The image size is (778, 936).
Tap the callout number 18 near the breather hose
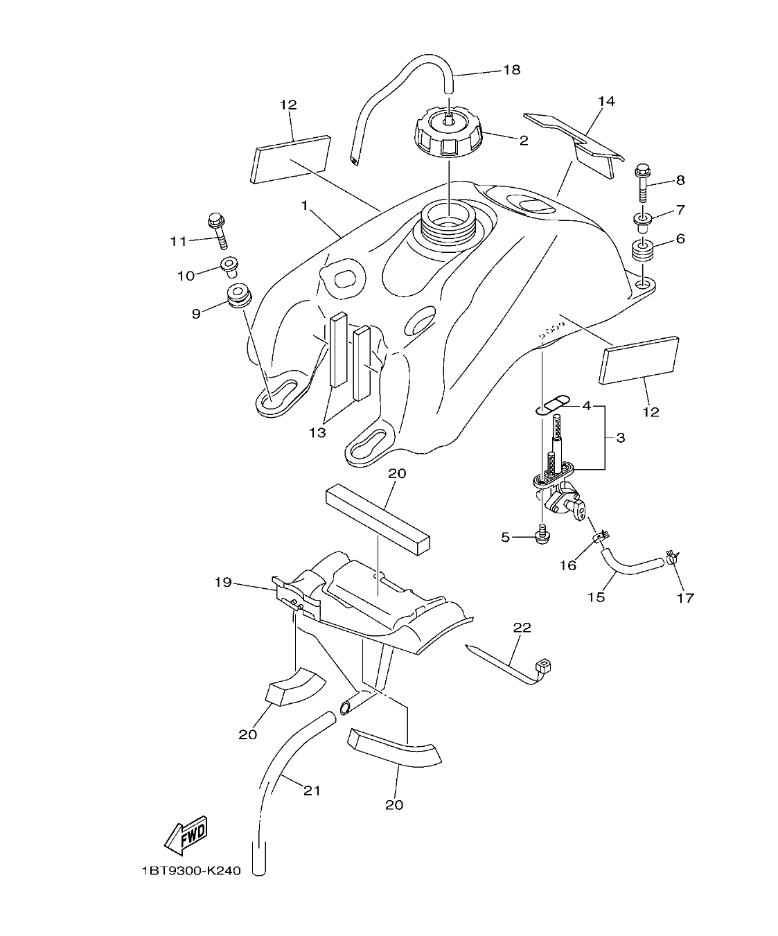click(511, 70)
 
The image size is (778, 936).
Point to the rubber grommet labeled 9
click(238, 295)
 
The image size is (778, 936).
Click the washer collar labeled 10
click(229, 266)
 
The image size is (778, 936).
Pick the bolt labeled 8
click(642, 179)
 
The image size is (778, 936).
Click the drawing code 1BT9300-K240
click(191, 871)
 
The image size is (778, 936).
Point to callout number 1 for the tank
click(304, 205)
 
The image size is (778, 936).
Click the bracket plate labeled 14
click(574, 137)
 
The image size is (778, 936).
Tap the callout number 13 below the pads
click(317, 433)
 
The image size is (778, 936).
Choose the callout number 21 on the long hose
click(312, 789)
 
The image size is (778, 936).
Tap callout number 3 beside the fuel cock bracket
click(620, 438)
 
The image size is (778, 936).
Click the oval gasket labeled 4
click(551, 403)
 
